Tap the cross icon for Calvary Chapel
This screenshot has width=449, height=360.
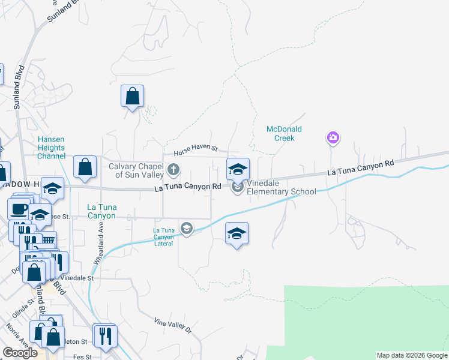pyautogui.click(x=174, y=170)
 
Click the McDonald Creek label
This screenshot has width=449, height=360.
pyautogui.click(x=284, y=133)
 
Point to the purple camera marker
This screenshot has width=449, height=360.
pyautogui.click(x=333, y=139)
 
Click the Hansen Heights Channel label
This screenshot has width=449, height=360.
pyautogui.click(x=51, y=148)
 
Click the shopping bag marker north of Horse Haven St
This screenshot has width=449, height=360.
pyautogui.click(x=132, y=96)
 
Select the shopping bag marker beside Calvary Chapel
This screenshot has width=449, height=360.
pyautogui.click(x=85, y=167)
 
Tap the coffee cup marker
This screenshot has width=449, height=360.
pyautogui.click(x=18, y=209)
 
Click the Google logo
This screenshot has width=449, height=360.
pyautogui.click(x=20, y=353)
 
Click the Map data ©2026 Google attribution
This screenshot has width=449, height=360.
pyautogui.click(x=412, y=355)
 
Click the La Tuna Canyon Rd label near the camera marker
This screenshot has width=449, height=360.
pyautogui.click(x=360, y=167)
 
